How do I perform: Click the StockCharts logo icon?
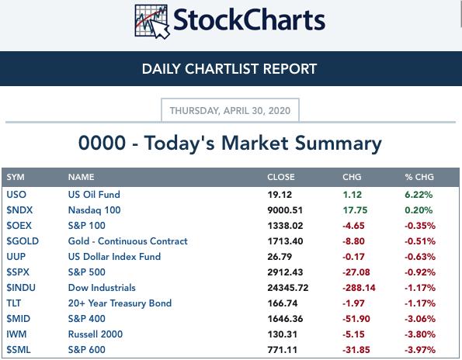pyautogui.click(x=152, y=22)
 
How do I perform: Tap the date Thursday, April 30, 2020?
pyautogui.click(x=230, y=111)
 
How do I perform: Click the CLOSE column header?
pyautogui.click(x=281, y=177)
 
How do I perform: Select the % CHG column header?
pyautogui.click(x=419, y=177)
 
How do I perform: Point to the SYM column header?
pyautogui.click(x=16, y=177)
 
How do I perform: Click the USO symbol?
pyautogui.click(x=16, y=195)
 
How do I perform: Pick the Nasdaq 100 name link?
pyautogui.click(x=94, y=210)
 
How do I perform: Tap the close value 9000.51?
pyautogui.click(x=285, y=210)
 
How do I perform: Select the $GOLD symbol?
pyautogui.click(x=23, y=241)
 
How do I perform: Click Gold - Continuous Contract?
pyautogui.click(x=128, y=241)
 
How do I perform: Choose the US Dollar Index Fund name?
pyautogui.click(x=114, y=257)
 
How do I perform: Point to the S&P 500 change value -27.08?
pyautogui.click(x=356, y=272)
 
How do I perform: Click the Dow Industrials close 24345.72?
pyautogui.click(x=288, y=288)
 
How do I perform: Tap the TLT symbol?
pyautogui.click(x=14, y=303)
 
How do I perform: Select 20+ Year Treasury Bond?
pyautogui.click(x=120, y=303)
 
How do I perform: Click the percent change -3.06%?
pyautogui.click(x=420, y=319)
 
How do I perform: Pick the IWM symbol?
pyautogui.click(x=16, y=334)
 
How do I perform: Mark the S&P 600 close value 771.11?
pyautogui.click(x=283, y=350)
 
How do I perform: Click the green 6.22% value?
pyautogui.click(x=419, y=195)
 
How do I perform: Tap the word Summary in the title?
pyautogui.click(x=339, y=144)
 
